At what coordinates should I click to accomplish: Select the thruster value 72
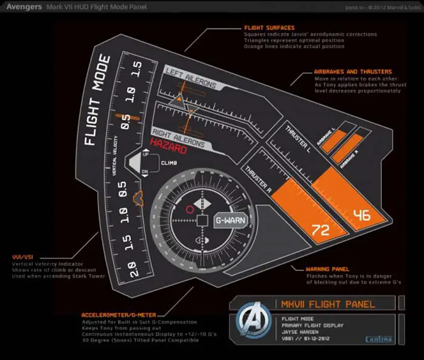click(319, 229)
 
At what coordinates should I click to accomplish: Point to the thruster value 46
click(362, 214)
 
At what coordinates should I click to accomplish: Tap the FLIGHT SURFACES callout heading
click(269, 28)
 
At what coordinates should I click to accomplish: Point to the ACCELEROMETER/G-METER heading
click(118, 315)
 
